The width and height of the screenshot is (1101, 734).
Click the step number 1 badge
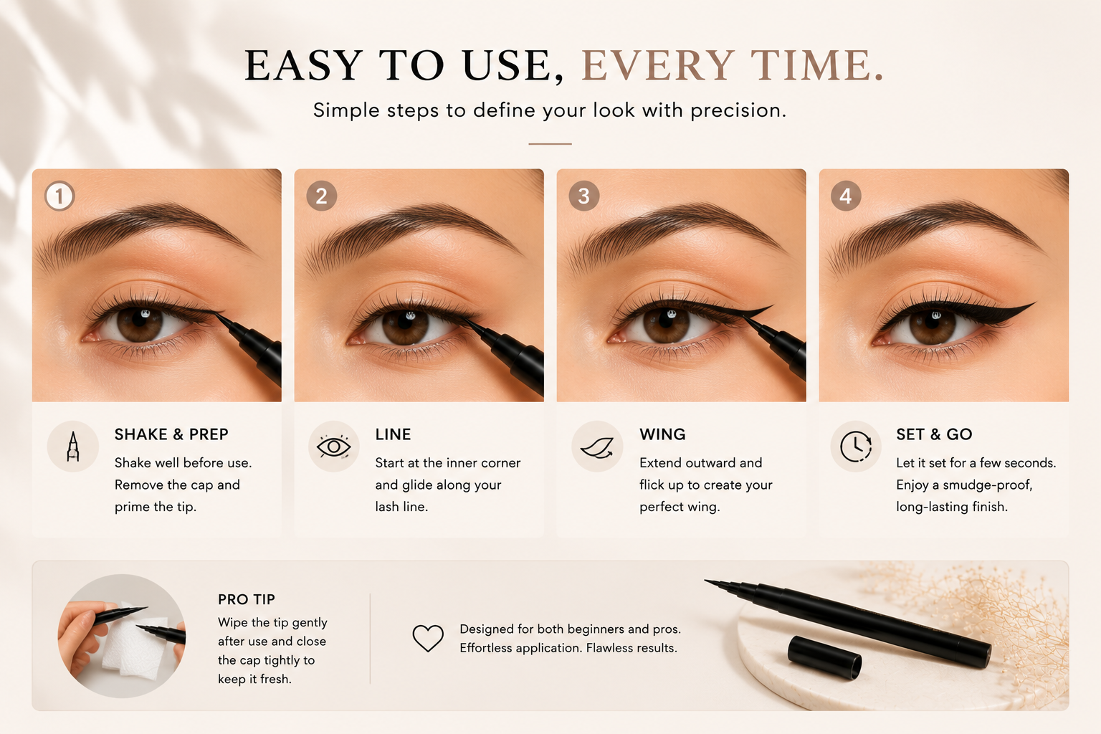[59, 196]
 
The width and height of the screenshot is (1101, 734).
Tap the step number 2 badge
[321, 196]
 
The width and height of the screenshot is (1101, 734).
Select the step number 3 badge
[584, 196]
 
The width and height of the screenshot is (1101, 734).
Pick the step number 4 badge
[846, 196]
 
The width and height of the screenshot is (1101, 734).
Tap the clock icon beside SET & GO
[856, 447]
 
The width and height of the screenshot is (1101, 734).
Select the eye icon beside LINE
[334, 447]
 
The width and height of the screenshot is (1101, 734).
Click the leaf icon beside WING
[597, 447]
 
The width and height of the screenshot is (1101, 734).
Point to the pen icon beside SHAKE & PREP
[72, 447]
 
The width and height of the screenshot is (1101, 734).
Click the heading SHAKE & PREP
[171, 434]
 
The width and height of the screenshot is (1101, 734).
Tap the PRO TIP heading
[247, 599]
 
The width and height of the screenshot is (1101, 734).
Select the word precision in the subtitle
[738, 110]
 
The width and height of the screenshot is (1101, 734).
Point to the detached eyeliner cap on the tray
[824, 657]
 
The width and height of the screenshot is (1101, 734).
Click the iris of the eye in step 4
[933, 325]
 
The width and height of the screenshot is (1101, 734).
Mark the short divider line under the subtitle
[550, 143]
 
